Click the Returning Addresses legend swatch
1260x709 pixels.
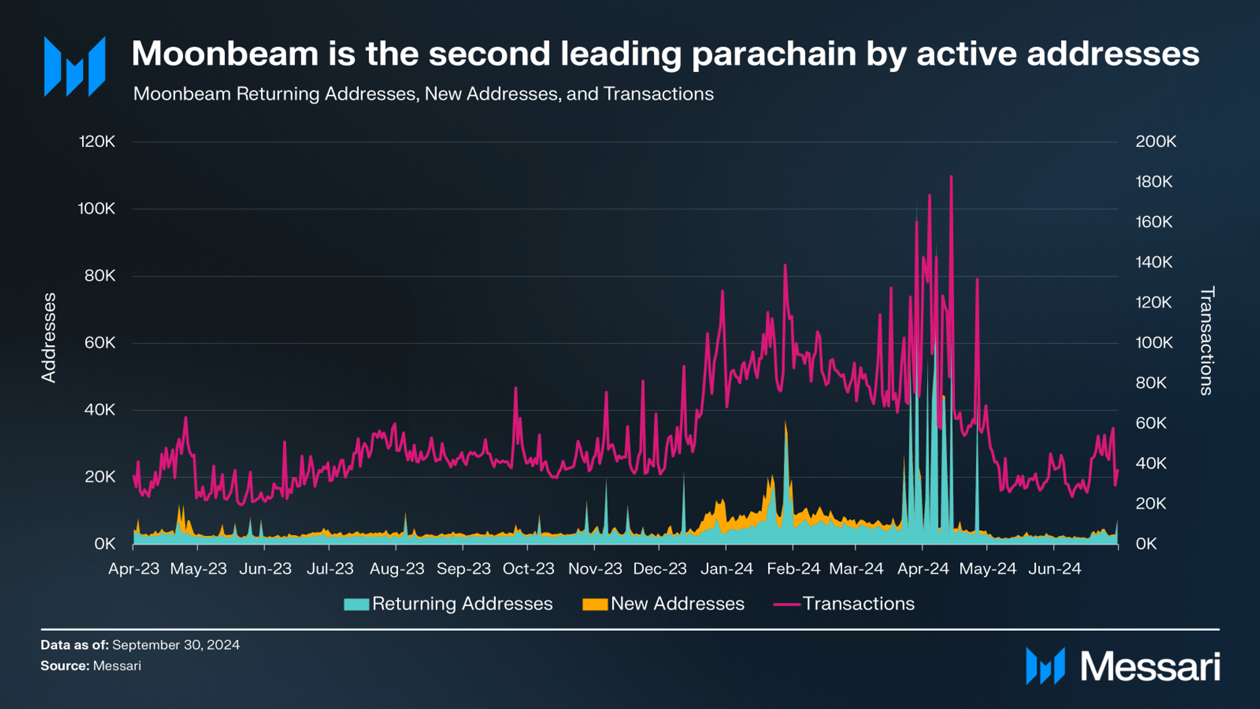pos(356,604)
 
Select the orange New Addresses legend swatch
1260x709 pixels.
pos(595,604)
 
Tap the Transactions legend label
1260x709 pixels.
pos(858,604)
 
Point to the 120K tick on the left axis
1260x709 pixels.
pos(97,142)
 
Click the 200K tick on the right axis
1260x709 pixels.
pos(1156,142)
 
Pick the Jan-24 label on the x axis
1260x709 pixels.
pos(727,569)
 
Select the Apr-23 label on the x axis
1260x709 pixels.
pos(134,569)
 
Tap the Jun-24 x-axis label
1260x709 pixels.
pos(1055,569)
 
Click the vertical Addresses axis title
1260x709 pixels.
pos(49,338)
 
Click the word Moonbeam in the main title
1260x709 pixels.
pos(225,54)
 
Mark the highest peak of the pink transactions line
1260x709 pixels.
pos(951,177)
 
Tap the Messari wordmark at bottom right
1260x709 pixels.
pos(1150,667)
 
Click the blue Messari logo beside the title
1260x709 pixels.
pos(75,66)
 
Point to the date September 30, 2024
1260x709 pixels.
pos(176,645)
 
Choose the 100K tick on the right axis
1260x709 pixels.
pos(1154,343)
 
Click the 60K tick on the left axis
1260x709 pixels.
pos(99,343)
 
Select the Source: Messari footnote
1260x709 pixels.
pos(91,666)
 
